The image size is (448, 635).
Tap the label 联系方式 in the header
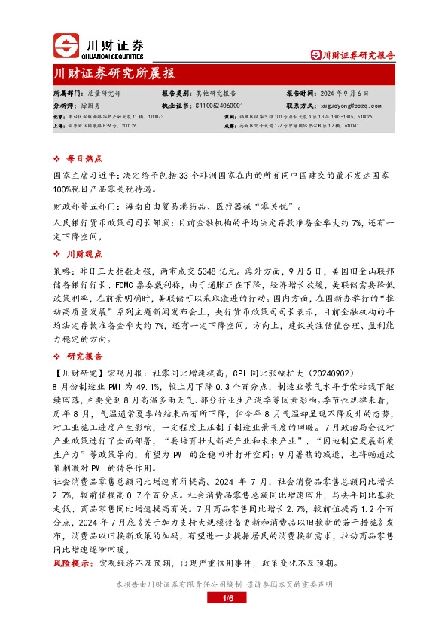(x=301, y=106)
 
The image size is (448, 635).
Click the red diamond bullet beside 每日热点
(x=59, y=160)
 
